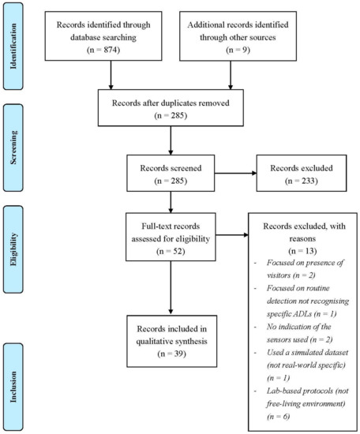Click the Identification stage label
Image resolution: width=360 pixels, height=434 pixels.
[13, 46]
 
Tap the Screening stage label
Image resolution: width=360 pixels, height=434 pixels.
[13, 148]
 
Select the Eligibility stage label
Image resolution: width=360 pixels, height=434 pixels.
[13, 249]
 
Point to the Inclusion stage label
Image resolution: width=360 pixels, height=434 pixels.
[13, 387]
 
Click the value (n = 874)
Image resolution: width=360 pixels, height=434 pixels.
[103, 50]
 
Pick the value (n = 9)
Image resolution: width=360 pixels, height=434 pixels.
[238, 50]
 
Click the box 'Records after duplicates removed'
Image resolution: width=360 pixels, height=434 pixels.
[171, 107]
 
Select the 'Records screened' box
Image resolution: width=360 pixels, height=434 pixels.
[171, 173]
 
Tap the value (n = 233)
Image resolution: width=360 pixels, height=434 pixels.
[302, 181]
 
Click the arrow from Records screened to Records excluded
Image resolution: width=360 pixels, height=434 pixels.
[236, 174]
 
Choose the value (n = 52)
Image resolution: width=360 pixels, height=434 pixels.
[171, 251]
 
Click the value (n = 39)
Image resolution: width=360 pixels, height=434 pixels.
[171, 354]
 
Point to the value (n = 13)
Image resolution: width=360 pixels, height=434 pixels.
[302, 251]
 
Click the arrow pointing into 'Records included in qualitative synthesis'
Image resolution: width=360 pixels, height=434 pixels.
[171, 287]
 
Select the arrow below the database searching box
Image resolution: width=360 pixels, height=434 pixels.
[111, 75]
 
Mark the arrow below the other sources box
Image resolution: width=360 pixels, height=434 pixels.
[231, 75]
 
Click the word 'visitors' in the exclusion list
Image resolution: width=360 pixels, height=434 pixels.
[279, 275]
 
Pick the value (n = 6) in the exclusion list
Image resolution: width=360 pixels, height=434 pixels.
[279, 417]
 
